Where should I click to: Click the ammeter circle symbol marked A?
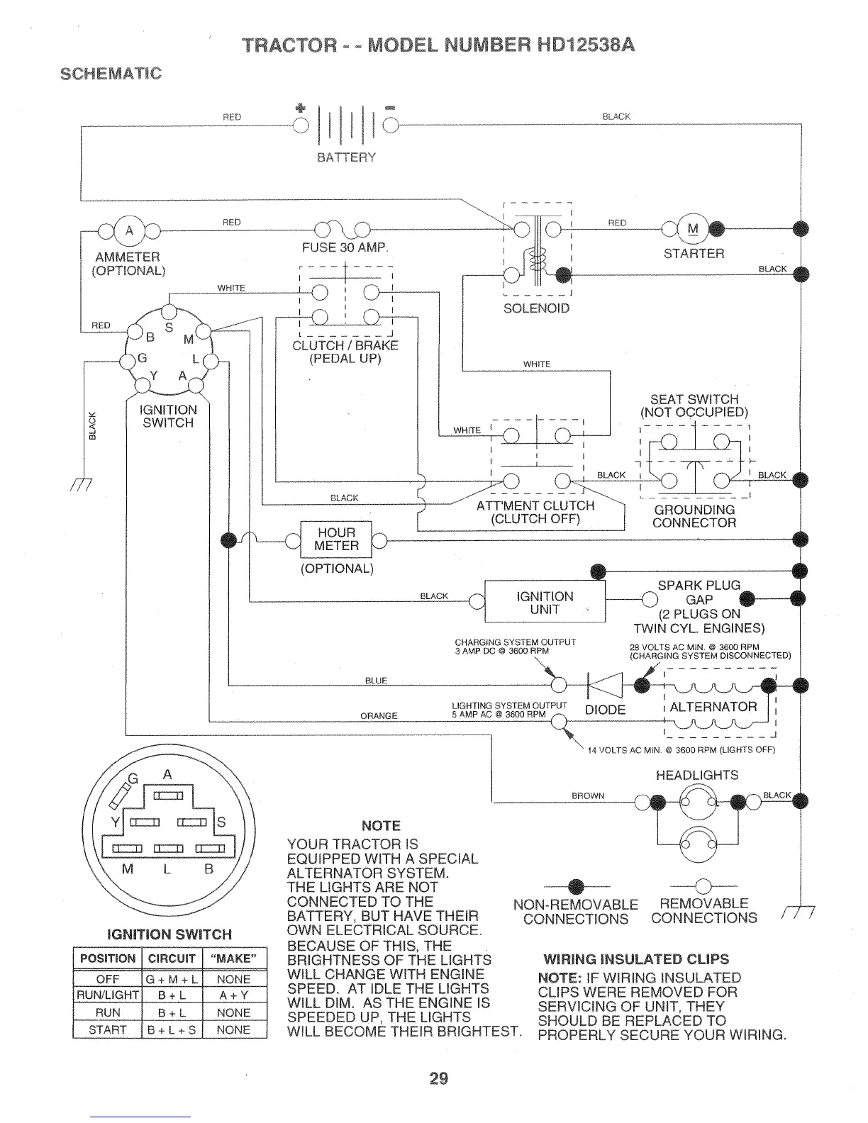click(x=128, y=230)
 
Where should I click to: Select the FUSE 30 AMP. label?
click(x=345, y=248)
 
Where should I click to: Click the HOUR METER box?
click(x=336, y=540)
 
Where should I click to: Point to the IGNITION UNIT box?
click(x=545, y=603)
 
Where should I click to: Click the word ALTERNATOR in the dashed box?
click(x=713, y=707)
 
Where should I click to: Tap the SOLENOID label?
click(x=536, y=308)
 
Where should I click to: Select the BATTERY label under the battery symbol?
click(x=346, y=157)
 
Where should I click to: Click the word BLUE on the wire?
click(x=376, y=681)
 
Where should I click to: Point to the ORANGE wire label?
click(x=379, y=716)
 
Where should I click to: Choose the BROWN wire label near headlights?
click(x=588, y=796)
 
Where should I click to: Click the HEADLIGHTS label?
click(x=697, y=775)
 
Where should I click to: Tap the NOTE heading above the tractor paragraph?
click(x=381, y=826)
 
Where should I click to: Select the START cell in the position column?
click(x=108, y=1030)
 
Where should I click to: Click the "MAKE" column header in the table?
click(x=234, y=959)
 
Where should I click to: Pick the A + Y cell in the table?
click(x=234, y=996)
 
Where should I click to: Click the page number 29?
click(x=439, y=1079)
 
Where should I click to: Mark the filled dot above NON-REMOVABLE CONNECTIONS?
click(x=575, y=887)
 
